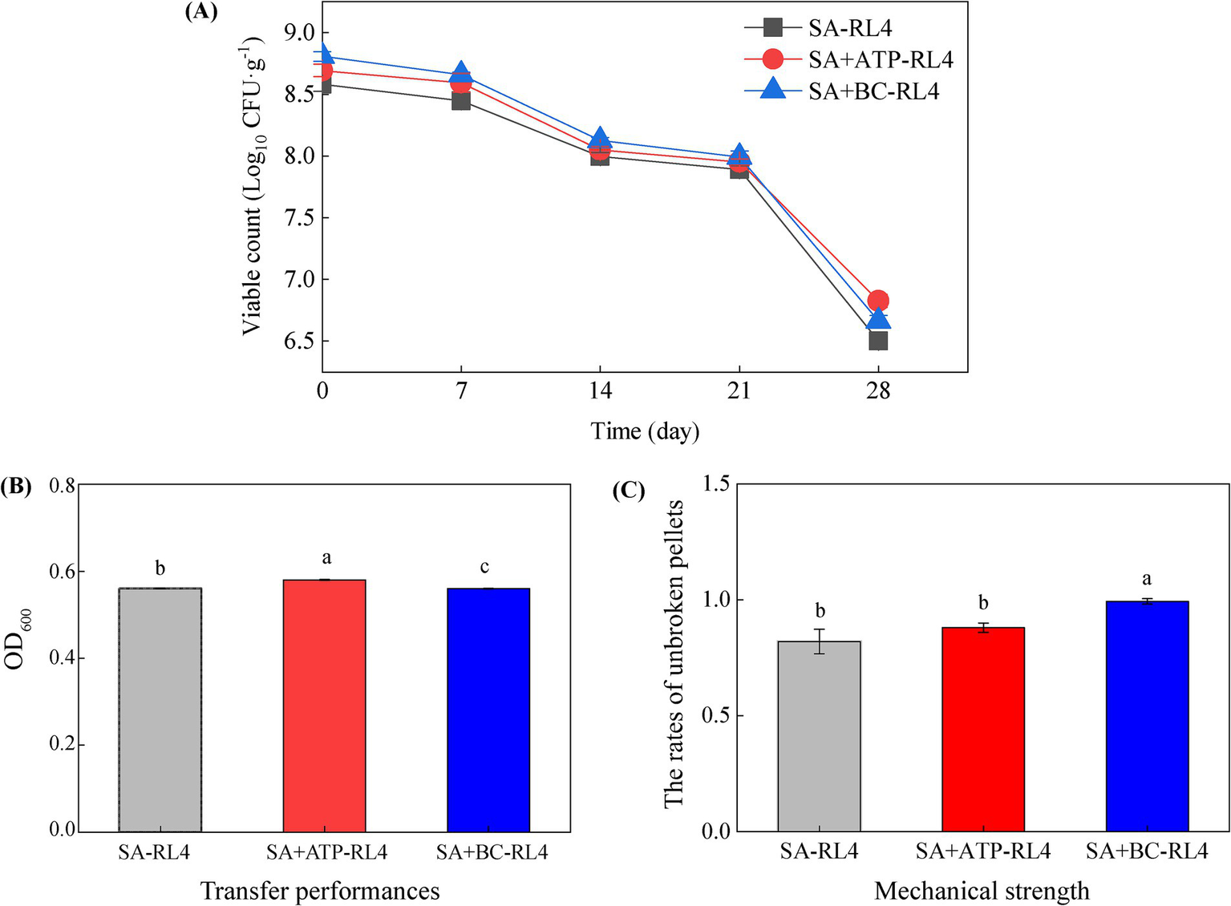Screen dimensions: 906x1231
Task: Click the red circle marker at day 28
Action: [878, 301]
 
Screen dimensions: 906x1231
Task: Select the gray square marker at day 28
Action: [878, 341]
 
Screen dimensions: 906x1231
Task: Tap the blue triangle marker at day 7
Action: [461, 72]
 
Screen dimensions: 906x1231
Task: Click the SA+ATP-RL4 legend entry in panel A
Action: [880, 59]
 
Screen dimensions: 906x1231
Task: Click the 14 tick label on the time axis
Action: [600, 391]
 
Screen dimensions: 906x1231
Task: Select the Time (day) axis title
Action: [645, 431]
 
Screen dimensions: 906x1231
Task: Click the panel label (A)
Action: [200, 12]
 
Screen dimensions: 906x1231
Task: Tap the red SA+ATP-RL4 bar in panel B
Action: [325, 706]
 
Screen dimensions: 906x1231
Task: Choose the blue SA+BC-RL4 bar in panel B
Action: [488, 710]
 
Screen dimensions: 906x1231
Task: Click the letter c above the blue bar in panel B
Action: [484, 568]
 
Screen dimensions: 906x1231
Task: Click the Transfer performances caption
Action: [320, 891]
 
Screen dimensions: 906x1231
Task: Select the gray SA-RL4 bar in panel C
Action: [819, 736]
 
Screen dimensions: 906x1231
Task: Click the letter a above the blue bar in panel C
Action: [1146, 579]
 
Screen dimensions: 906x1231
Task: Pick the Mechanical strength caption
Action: [982, 891]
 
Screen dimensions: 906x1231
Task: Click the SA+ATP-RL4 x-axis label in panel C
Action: [982, 851]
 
